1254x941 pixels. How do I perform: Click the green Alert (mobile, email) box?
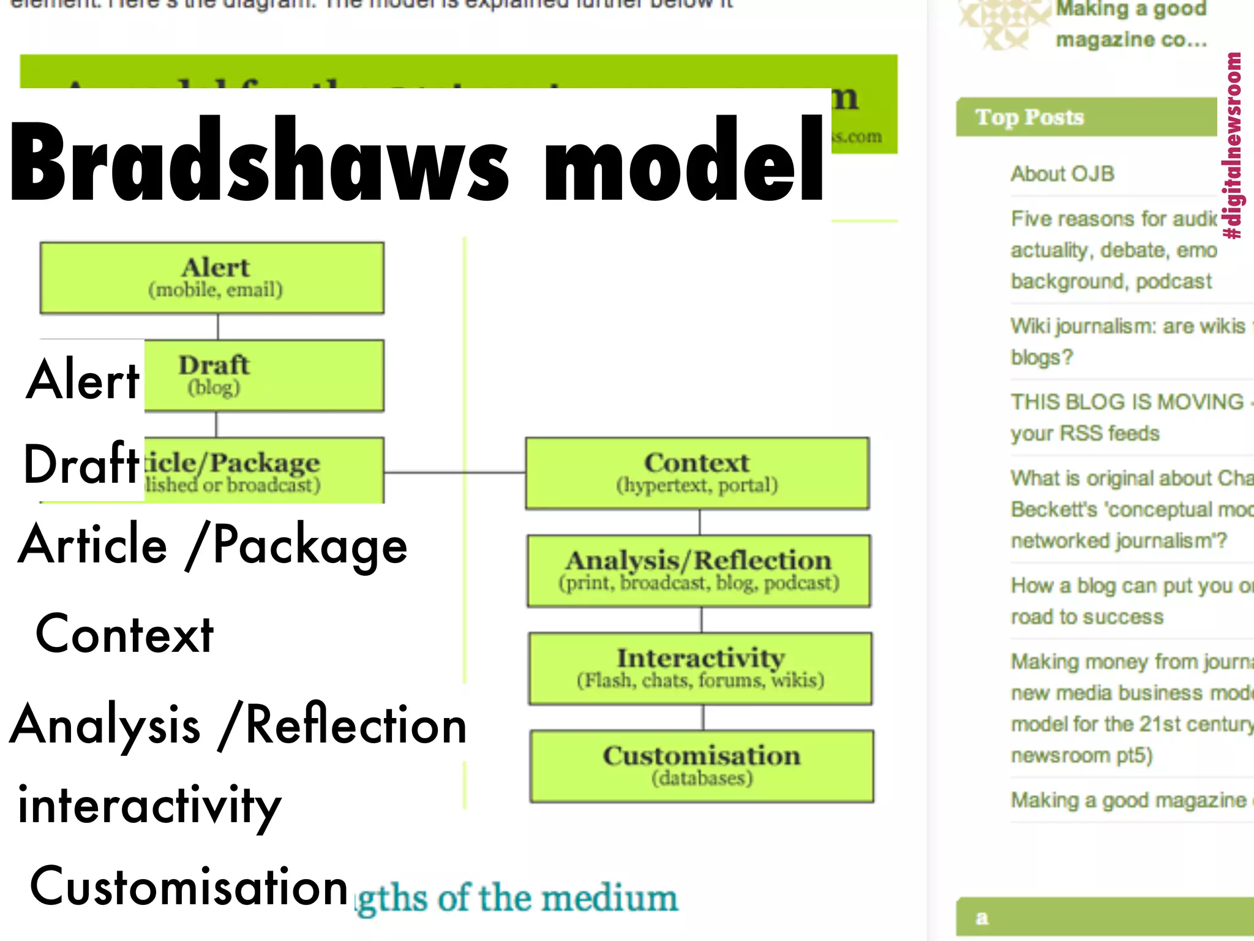[212, 278]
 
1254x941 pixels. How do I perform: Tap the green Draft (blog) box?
[263, 375]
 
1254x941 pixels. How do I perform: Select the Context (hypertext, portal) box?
[697, 473]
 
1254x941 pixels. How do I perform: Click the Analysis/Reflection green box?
[699, 570]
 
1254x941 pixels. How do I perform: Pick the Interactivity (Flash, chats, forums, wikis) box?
[700, 668]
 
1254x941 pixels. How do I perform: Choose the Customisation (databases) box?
[702, 766]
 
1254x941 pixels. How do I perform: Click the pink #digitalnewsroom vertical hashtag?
[1233, 146]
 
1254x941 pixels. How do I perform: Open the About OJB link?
[1062, 174]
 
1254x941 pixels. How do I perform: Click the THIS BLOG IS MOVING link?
[1127, 402]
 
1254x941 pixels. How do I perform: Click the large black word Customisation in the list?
[189, 886]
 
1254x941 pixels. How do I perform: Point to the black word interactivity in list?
[149, 805]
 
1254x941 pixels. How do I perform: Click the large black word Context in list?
[124, 635]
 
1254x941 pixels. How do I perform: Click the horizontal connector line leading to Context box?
[454, 472]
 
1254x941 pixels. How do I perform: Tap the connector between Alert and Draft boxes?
[218, 327]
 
